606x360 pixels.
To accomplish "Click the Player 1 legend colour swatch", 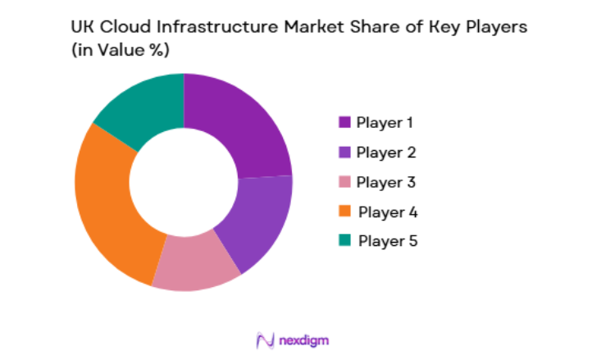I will (344, 122).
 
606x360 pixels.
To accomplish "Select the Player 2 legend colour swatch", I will (344, 152).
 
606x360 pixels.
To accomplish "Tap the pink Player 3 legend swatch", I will (344, 181).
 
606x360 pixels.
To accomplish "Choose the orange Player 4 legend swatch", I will (344, 211).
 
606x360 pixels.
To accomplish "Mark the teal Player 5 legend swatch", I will (344, 240).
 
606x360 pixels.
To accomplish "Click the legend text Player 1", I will (385, 122).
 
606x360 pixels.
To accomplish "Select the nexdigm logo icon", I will (265, 339).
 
